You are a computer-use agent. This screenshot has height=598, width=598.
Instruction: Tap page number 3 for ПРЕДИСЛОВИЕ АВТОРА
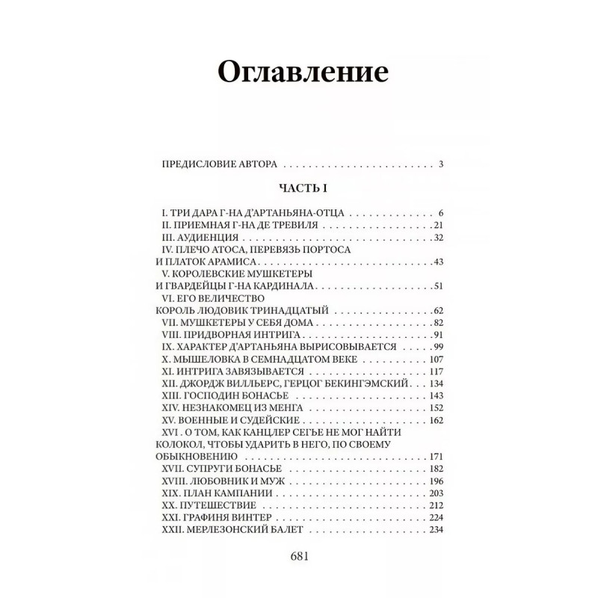point(442,164)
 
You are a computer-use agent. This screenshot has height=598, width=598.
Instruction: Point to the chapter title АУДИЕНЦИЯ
point(206,237)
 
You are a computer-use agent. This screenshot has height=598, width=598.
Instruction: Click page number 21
point(439,225)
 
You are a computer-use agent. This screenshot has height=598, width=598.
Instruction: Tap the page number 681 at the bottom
point(298,556)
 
